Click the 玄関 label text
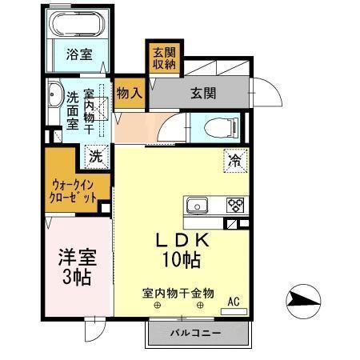(x=203, y=93)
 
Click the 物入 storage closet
(x=129, y=93)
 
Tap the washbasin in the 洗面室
(x=54, y=97)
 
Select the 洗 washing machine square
(x=94, y=154)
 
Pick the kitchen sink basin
(x=198, y=205)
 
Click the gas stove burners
(x=235, y=204)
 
